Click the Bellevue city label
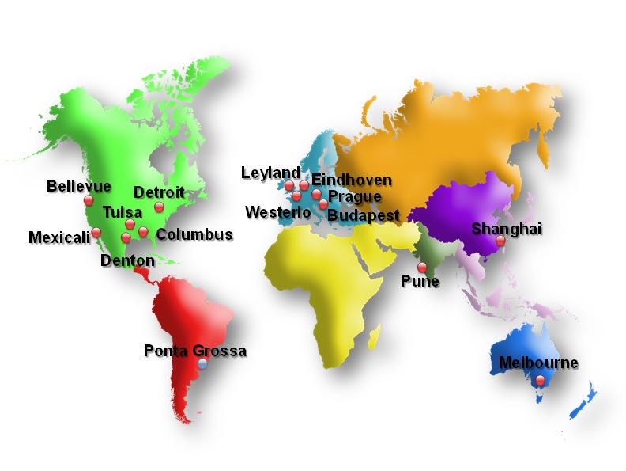pyautogui.click(x=79, y=187)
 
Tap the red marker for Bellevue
pyautogui.click(x=87, y=201)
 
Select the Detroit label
pyautogui.click(x=159, y=192)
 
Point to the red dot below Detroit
pyautogui.click(x=159, y=207)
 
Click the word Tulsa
pyautogui.click(x=123, y=212)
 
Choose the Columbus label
pyautogui.click(x=194, y=234)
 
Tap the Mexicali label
pyautogui.click(x=59, y=237)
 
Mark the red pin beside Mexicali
pyautogui.click(x=96, y=233)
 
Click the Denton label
pyautogui.click(x=128, y=260)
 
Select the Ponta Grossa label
pyautogui.click(x=195, y=351)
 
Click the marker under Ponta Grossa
pyautogui.click(x=203, y=364)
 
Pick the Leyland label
pyautogui.click(x=270, y=173)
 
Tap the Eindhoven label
pyautogui.click(x=352, y=180)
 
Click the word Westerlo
pyautogui.click(x=278, y=212)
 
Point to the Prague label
pyautogui.click(x=355, y=196)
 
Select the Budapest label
pyautogui.click(x=364, y=215)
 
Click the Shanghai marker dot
pyautogui.click(x=500, y=240)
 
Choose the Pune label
pyautogui.click(x=420, y=281)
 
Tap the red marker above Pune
pyautogui.click(x=422, y=267)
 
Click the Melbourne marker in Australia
pyautogui.click(x=540, y=380)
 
